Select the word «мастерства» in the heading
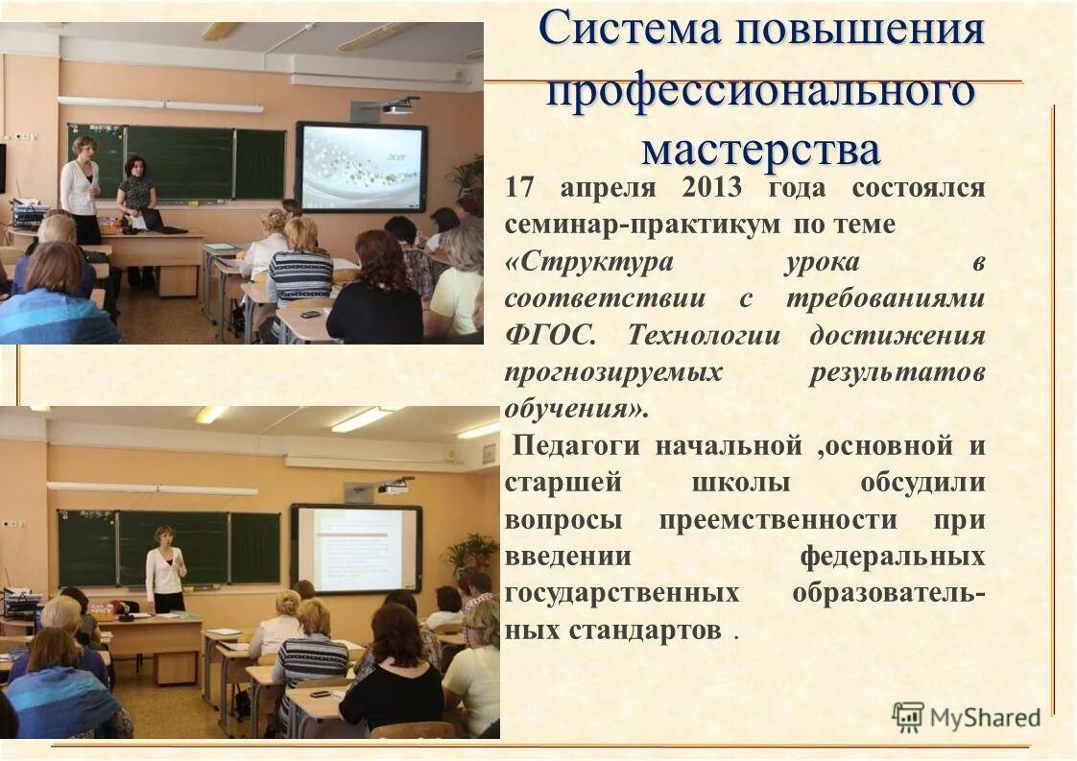coord(760,149)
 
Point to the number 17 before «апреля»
coord(518,188)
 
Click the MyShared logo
coord(967,717)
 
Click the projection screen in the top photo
coord(361,166)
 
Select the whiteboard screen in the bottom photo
coord(356,549)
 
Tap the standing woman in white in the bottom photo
coord(165,569)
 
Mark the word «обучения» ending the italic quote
coord(572,410)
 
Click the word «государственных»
coord(621,594)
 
